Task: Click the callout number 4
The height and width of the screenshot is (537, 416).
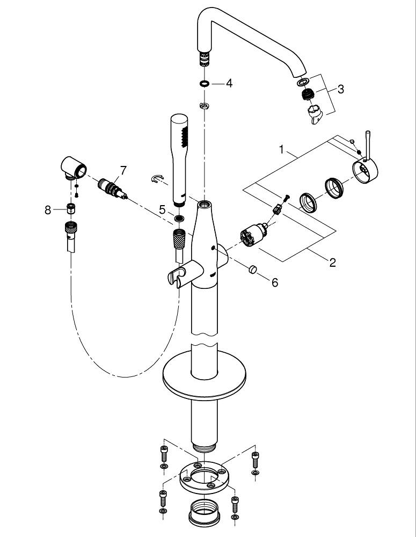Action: coord(229,84)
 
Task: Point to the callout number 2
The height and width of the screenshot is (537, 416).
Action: coord(332,263)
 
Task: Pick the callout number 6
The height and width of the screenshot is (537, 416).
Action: coord(274,282)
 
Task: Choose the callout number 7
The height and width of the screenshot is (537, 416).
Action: coord(123,170)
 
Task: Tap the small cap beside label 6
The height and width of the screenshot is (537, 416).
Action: coord(253,269)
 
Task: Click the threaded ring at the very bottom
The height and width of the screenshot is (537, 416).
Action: coord(204,513)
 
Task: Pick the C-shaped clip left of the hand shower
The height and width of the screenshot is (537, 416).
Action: coord(157,178)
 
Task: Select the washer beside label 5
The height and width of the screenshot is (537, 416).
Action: coord(178,219)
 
